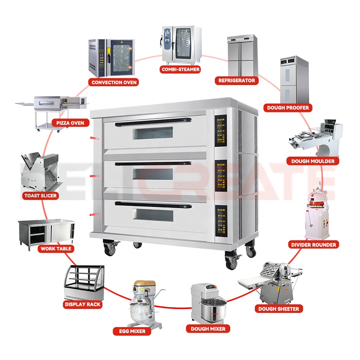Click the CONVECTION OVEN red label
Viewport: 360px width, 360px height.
click(x=114, y=82)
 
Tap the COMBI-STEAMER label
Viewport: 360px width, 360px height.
click(x=180, y=69)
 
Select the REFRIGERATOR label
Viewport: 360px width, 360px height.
click(x=237, y=80)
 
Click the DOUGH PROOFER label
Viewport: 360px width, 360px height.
click(x=288, y=107)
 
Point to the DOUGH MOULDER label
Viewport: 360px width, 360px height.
click(x=313, y=161)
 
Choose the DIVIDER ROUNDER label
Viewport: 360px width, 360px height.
click(x=313, y=244)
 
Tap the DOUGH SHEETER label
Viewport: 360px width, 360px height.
click(x=279, y=309)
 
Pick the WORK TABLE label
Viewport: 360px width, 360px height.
click(x=56, y=249)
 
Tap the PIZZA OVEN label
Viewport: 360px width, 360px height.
click(x=70, y=123)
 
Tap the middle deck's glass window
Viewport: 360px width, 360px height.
click(x=153, y=174)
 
